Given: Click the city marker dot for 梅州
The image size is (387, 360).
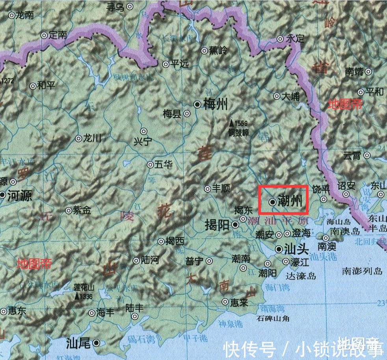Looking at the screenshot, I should point(197,104).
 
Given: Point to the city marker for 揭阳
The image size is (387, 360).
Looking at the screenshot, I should point(235,225).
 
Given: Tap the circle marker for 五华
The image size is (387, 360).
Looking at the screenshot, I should point(150,165).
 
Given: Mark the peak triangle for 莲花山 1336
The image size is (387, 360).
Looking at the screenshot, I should point(76,296).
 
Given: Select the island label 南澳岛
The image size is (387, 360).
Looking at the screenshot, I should point(345,230).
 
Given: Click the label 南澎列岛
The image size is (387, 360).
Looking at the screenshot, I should point(362,271).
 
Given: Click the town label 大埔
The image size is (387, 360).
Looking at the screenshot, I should point(292,96).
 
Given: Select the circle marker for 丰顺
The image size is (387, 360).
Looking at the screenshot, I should point(207,188).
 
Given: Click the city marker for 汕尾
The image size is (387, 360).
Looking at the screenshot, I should point(96,343).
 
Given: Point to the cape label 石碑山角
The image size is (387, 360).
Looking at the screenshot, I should point(273,318).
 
